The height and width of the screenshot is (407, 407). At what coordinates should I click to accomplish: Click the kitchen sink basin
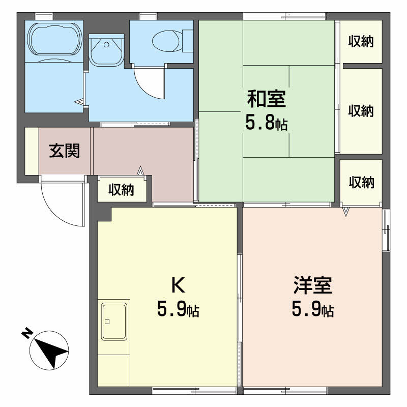click(114, 322)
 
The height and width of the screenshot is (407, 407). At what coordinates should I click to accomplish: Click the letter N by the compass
click(27, 333)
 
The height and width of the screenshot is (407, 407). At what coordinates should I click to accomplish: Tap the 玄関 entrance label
click(65, 151)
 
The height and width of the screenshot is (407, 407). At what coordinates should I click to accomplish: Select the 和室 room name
click(267, 99)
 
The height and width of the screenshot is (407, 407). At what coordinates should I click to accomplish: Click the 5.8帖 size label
click(267, 124)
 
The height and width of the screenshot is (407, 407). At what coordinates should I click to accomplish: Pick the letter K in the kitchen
click(179, 285)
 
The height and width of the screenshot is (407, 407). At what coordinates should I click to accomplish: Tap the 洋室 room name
click(313, 285)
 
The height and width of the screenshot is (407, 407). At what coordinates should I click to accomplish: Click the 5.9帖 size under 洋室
click(313, 309)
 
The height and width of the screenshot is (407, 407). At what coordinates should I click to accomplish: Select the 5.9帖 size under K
click(179, 309)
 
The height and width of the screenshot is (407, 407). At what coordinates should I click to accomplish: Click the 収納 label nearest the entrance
click(121, 190)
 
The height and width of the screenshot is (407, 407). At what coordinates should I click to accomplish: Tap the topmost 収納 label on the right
click(361, 42)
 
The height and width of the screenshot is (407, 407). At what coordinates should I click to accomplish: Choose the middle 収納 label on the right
click(361, 111)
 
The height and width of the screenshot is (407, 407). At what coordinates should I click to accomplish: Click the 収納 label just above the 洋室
click(361, 182)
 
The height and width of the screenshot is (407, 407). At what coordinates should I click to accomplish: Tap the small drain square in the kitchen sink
click(107, 322)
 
